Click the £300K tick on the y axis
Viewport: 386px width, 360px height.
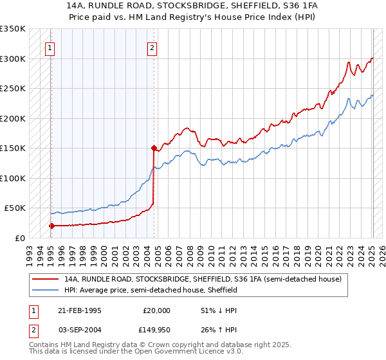tap(13, 59)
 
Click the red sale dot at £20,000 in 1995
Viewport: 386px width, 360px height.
tap(51, 226)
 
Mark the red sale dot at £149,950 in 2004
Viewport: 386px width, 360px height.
tap(154, 148)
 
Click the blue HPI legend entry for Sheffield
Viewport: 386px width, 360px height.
tap(151, 290)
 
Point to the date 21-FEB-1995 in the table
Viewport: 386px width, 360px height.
tap(80, 310)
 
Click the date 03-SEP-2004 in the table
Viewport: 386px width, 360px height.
tap(80, 330)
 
